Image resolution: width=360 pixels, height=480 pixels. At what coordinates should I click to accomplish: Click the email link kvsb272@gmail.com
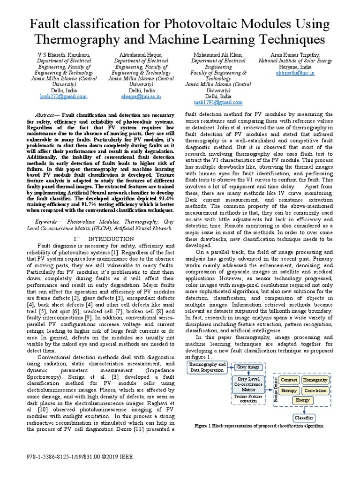63,96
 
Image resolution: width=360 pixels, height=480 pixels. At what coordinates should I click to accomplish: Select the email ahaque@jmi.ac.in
141,96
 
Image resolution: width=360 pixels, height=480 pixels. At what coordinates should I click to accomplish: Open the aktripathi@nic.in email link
295,73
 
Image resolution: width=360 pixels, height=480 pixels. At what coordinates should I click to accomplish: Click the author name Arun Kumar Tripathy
295,55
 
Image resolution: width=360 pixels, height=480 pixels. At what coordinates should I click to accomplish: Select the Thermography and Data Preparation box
206,367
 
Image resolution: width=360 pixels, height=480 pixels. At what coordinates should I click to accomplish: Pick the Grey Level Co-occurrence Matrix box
249,384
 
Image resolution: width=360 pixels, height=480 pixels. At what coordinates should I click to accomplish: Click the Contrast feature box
289,380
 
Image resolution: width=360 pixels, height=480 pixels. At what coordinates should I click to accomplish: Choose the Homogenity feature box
315,380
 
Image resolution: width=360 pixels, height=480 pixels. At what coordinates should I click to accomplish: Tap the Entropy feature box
289,390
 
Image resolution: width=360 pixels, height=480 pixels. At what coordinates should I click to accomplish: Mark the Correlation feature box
315,390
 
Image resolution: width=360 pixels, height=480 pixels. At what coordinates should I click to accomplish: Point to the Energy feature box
303,401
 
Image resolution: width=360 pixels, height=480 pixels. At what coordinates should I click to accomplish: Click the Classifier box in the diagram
303,418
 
